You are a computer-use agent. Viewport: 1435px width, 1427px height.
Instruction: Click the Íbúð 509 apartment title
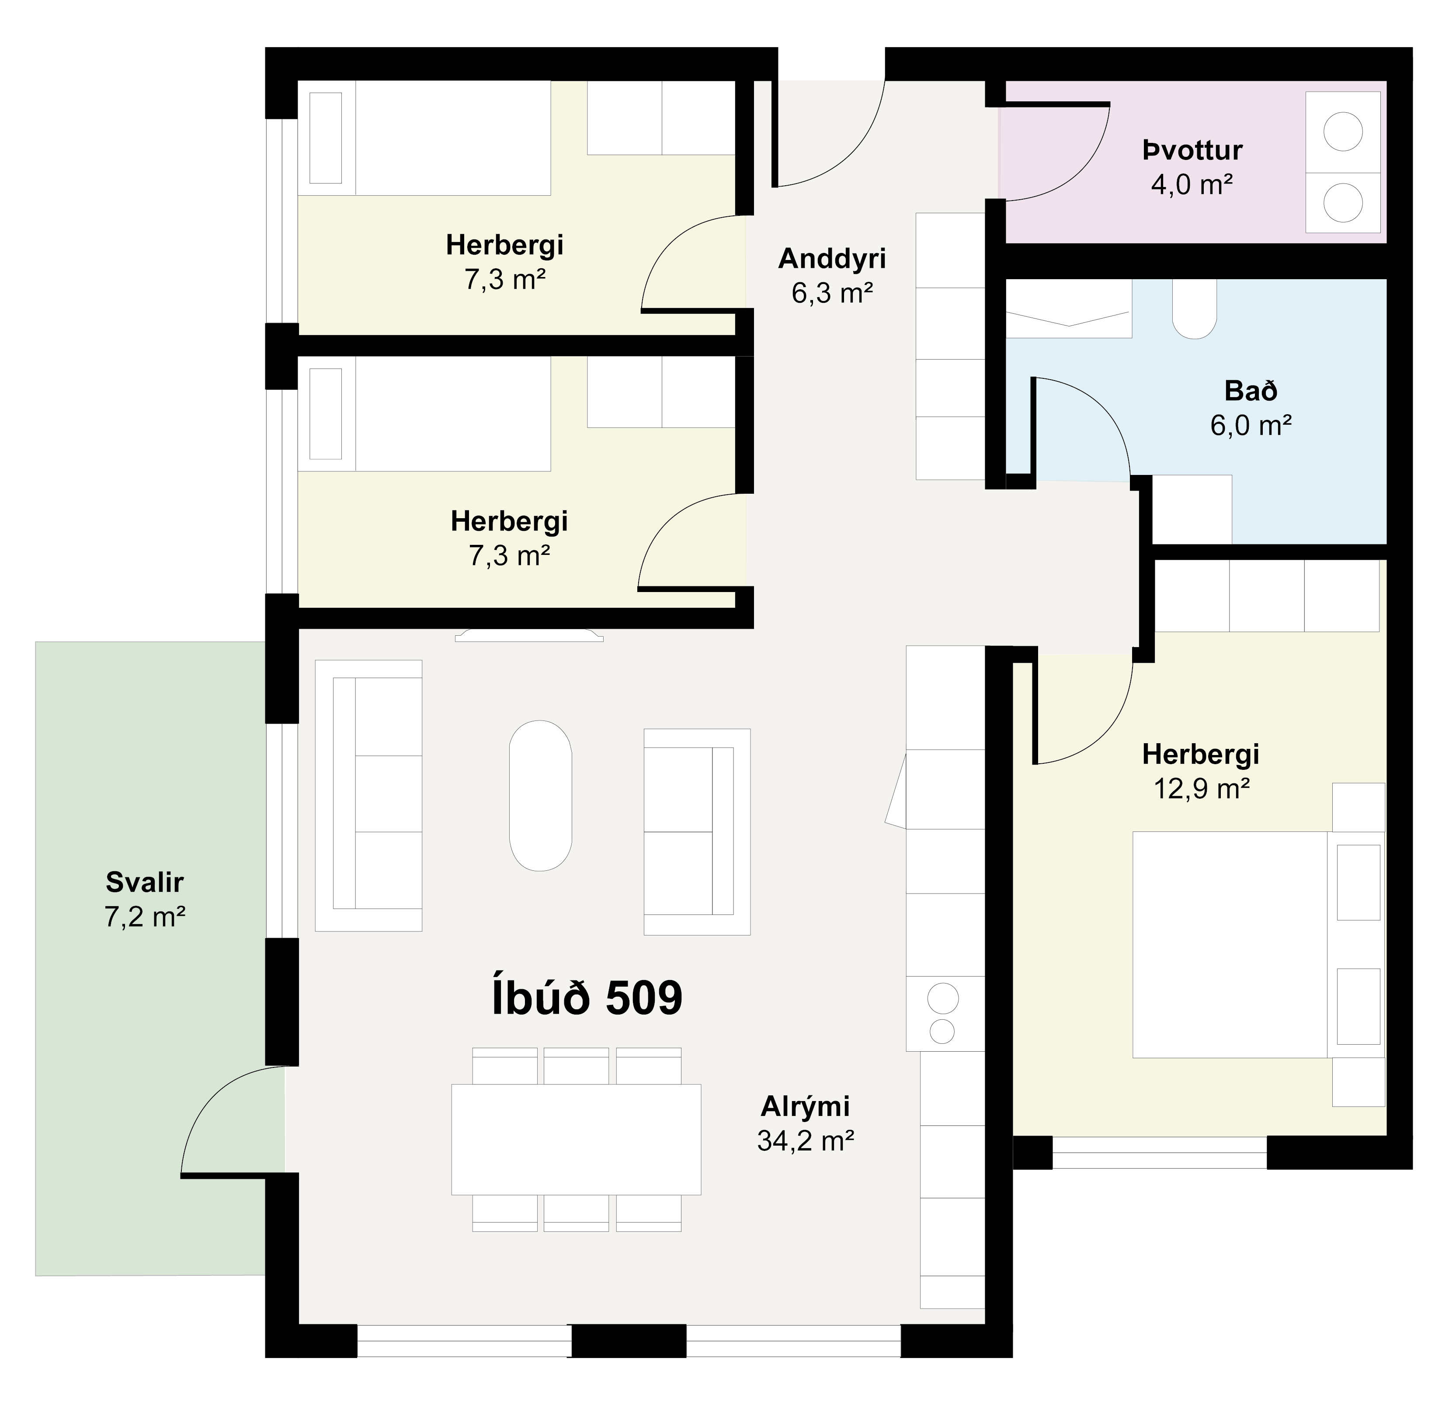pyautogui.click(x=587, y=999)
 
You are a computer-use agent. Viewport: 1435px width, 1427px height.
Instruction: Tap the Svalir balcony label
pyautogui.click(x=144, y=883)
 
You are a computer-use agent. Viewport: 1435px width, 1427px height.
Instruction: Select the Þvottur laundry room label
pyautogui.click(x=1192, y=151)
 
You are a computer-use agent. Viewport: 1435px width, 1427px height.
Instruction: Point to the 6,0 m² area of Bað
pyautogui.click(x=1251, y=426)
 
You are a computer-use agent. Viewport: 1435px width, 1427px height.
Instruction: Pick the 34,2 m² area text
pyautogui.click(x=805, y=1140)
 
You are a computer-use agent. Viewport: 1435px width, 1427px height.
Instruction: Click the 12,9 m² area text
pyautogui.click(x=1201, y=789)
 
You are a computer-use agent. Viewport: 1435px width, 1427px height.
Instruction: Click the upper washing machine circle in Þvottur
pyautogui.click(x=1343, y=132)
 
